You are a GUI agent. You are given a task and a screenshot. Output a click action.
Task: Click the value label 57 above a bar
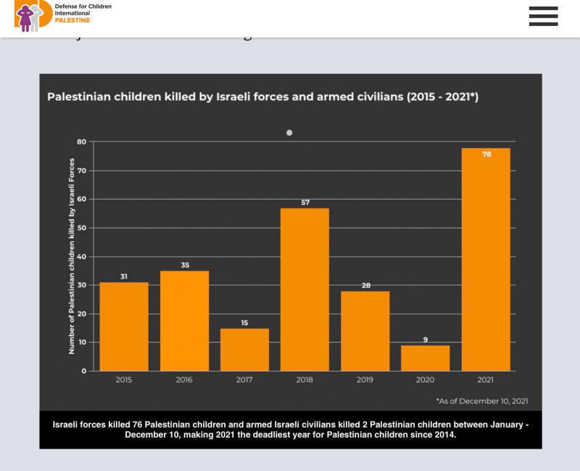[x=305, y=202]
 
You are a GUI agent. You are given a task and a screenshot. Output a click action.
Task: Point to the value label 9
[x=426, y=339]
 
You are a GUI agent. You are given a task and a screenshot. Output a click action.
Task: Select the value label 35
[x=185, y=266]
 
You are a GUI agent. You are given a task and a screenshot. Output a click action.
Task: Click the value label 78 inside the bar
[x=486, y=154]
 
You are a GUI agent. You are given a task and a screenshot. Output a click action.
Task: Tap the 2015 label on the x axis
[x=124, y=380]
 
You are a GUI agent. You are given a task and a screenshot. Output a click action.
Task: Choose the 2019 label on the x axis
[x=365, y=380]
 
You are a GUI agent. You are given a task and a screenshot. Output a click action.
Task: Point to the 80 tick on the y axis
[x=81, y=142]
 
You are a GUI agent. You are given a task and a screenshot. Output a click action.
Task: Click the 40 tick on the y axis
[x=81, y=257]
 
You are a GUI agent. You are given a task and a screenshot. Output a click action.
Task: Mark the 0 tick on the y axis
[x=83, y=371]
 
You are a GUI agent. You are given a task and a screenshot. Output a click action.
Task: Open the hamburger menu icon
[x=543, y=16]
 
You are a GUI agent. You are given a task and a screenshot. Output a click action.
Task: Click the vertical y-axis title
[x=72, y=255]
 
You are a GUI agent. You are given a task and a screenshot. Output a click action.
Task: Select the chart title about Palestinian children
[x=262, y=97]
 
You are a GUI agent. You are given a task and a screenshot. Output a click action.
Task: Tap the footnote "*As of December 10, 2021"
[x=481, y=401]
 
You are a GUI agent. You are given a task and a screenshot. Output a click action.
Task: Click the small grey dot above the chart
[x=289, y=133]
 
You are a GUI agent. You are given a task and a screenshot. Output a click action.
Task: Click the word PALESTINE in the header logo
[x=72, y=21]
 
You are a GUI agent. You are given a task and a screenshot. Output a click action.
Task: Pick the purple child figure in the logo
[x=25, y=18]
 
